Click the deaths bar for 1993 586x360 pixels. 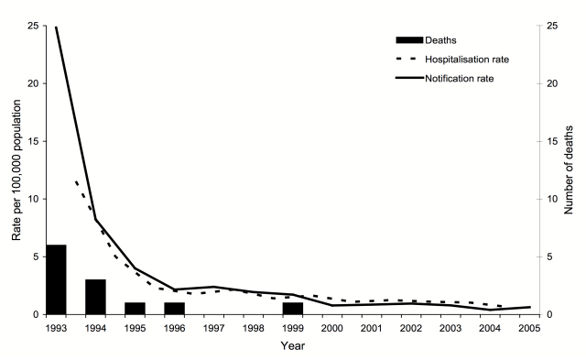[x=56, y=279]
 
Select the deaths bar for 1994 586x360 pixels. [x=95, y=297]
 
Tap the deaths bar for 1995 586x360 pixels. [x=135, y=308]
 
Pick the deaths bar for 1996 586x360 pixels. [x=174, y=308]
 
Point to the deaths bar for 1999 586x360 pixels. [x=293, y=308]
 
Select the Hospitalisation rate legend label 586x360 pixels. [x=467, y=60]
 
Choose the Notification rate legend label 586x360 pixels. [x=460, y=79]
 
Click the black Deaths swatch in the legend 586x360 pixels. [x=409, y=39]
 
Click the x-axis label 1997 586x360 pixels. [x=213, y=328]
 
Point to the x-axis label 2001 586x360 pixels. [x=372, y=328]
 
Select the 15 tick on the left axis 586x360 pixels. [x=34, y=141]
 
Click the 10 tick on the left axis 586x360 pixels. [x=34, y=199]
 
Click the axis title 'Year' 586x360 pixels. [x=293, y=346]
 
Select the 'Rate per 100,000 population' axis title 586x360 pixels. [x=16, y=170]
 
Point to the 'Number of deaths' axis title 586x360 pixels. [x=569, y=170]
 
